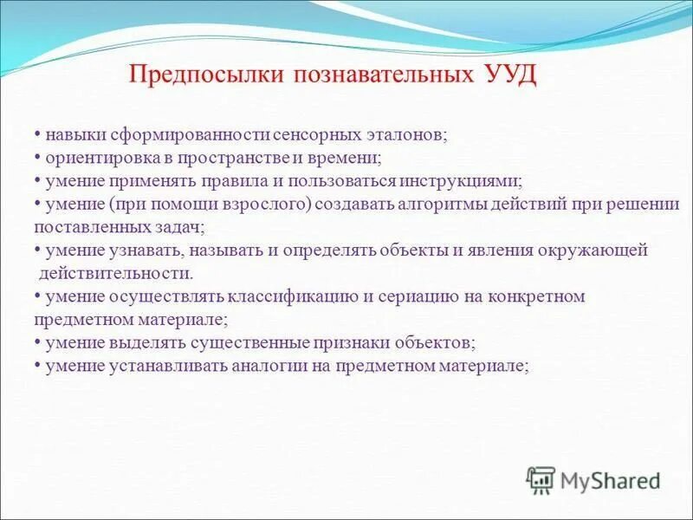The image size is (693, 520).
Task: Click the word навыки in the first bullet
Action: [x=68, y=137]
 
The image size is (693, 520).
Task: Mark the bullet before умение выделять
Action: [x=38, y=342]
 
